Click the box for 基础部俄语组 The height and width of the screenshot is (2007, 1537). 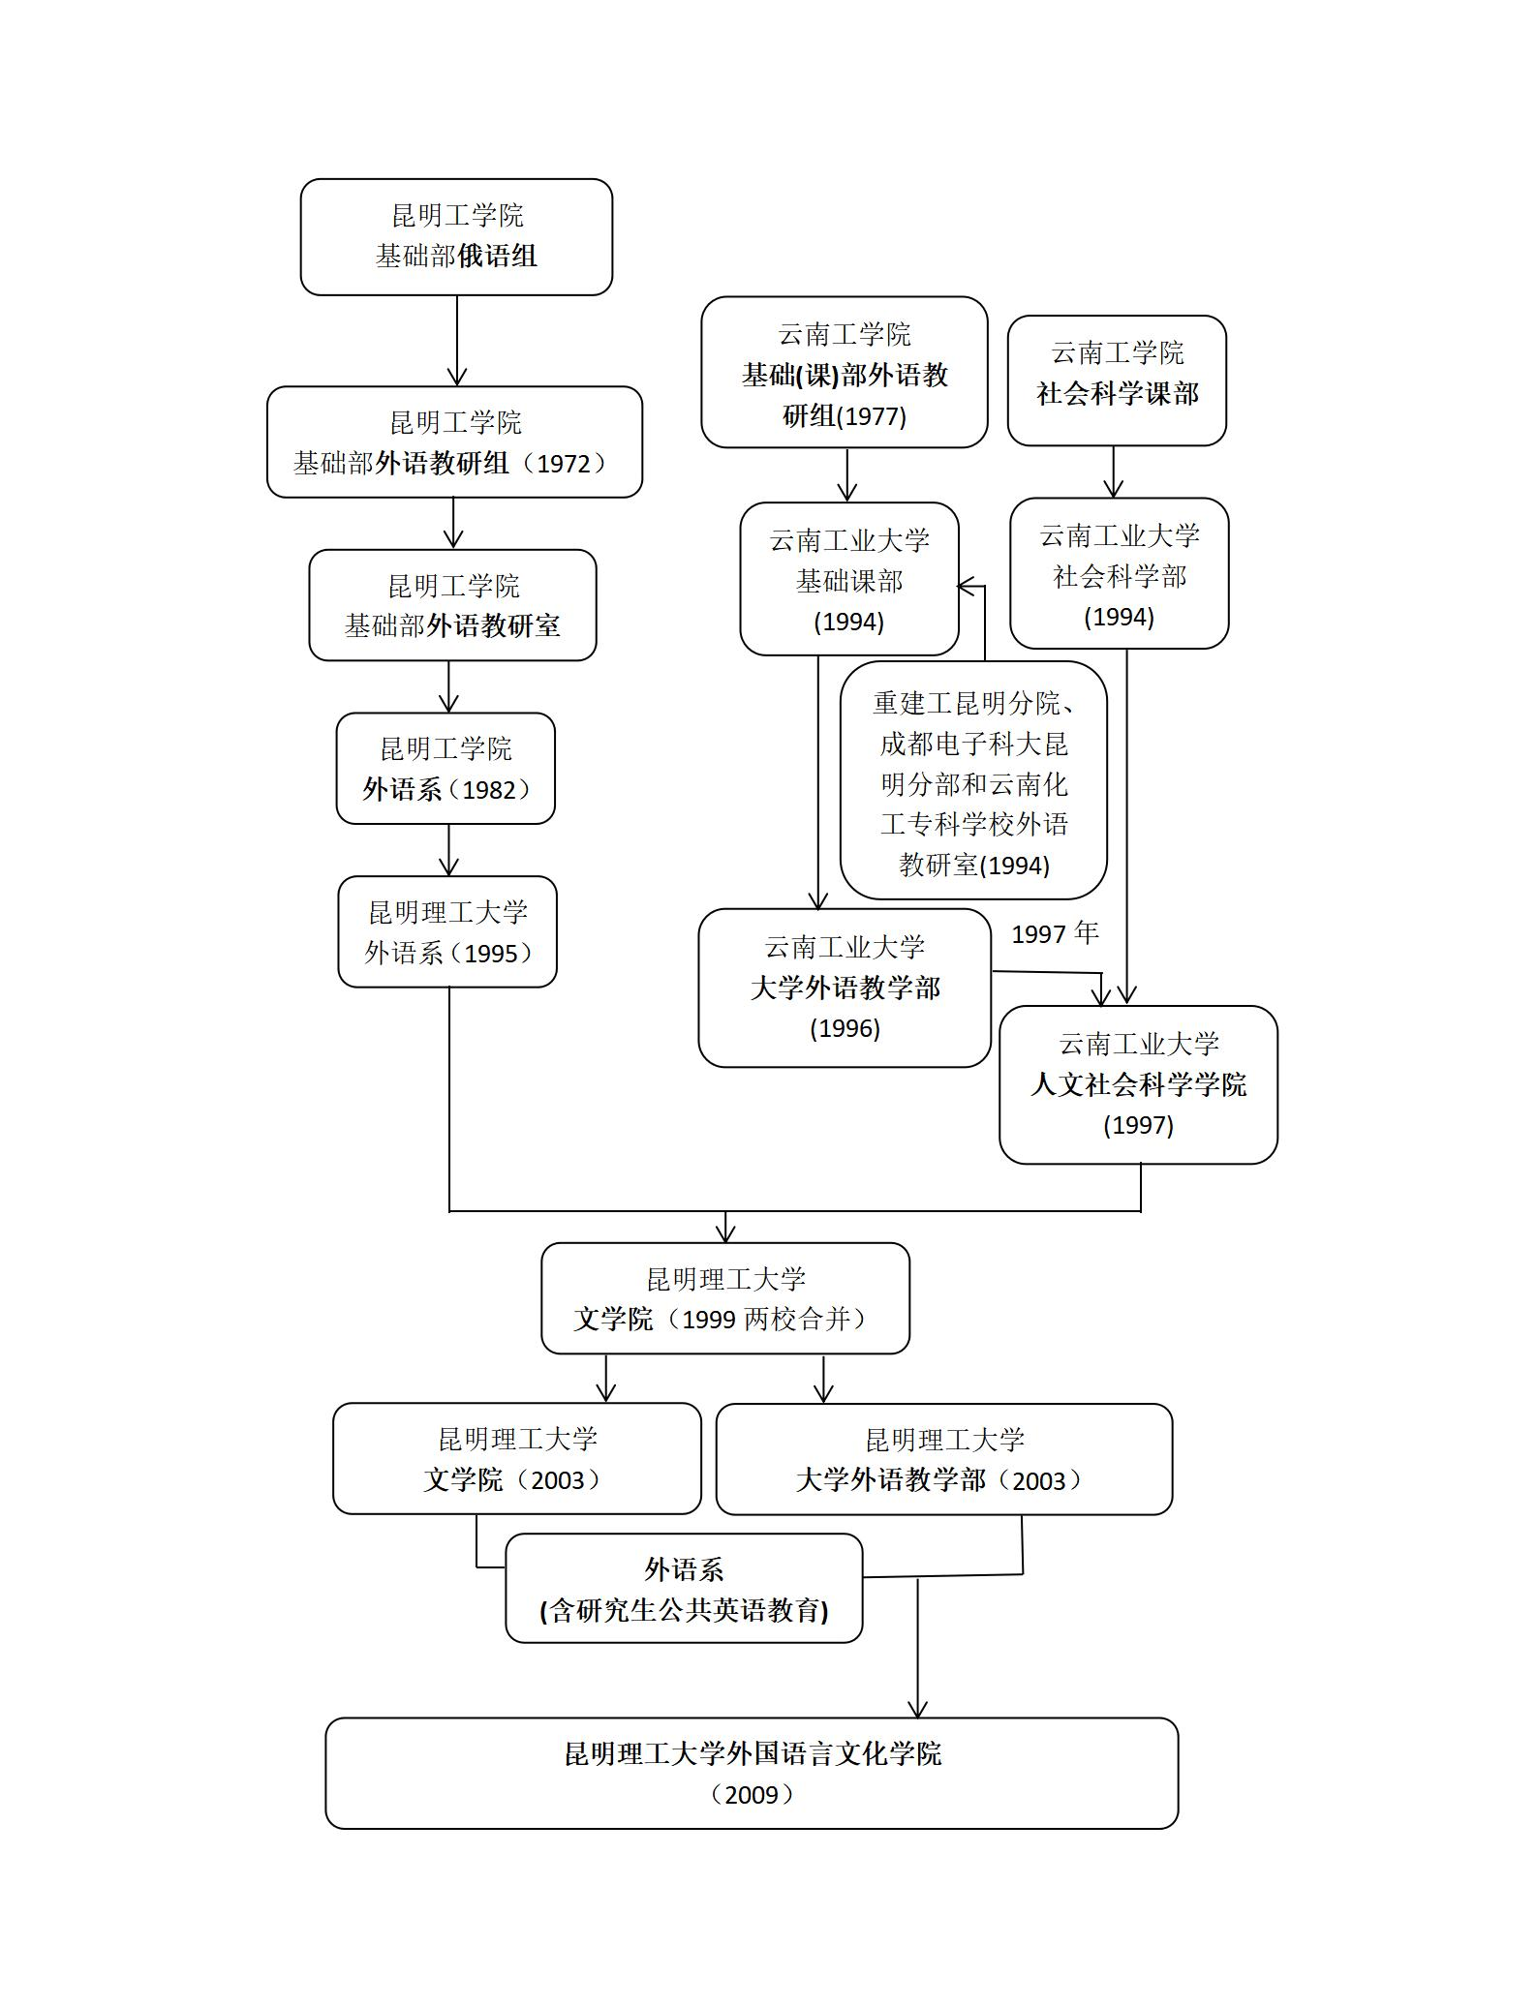pyautogui.click(x=456, y=236)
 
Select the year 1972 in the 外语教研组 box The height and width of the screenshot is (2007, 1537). pyautogui.click(x=563, y=464)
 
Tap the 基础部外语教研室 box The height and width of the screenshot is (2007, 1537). pyautogui.click(x=452, y=605)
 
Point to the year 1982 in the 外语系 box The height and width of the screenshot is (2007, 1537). pyautogui.click(x=489, y=790)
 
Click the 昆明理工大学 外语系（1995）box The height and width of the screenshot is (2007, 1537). pyautogui.click(x=447, y=931)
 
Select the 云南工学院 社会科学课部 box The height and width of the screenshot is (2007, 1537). pyautogui.click(x=1117, y=380)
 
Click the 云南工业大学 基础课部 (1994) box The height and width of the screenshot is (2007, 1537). pyautogui.click(x=848, y=579)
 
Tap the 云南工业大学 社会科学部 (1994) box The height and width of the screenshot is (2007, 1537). pyautogui.click(x=1119, y=573)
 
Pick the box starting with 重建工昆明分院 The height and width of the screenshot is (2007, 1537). pyautogui.click(x=973, y=780)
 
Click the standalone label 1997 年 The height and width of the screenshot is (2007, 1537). pyautogui.click(x=1055, y=933)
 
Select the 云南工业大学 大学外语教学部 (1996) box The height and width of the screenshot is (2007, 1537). pyautogui.click(x=845, y=988)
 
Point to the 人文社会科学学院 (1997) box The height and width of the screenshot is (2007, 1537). pyautogui.click(x=1138, y=1084)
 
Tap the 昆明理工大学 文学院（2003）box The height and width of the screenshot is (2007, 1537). pyautogui.click(x=516, y=1458)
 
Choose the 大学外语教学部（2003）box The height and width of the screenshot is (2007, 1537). pyautogui.click(x=943, y=1459)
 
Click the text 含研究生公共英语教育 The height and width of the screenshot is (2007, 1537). pyautogui.click(x=684, y=1610)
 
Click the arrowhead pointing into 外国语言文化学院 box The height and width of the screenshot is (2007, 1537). pyautogui.click(x=917, y=1709)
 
